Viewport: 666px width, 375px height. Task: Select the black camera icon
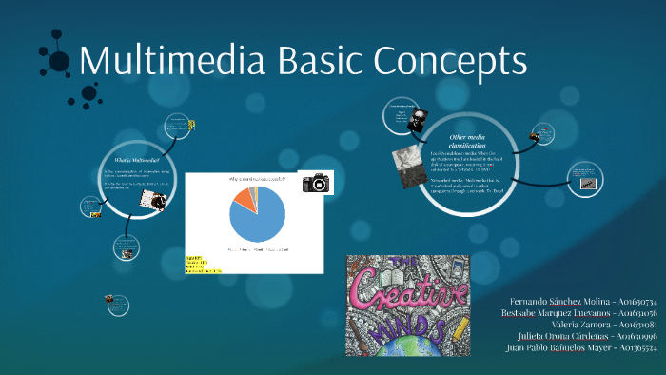316,182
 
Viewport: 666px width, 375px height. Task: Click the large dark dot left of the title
59,62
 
